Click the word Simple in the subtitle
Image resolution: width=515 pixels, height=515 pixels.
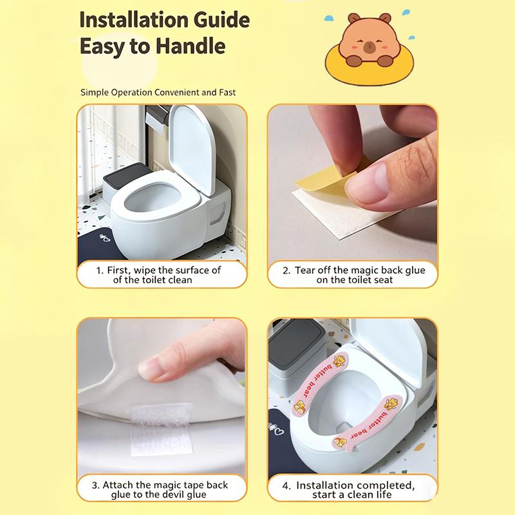95,93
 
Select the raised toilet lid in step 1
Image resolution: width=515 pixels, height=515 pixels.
192,149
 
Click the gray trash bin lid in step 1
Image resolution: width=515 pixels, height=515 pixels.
126,173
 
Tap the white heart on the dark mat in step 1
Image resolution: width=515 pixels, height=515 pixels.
107,239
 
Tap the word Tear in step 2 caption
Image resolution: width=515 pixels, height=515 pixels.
305,270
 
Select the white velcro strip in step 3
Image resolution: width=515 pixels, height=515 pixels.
162,429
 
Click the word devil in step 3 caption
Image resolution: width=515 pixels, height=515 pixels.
173,495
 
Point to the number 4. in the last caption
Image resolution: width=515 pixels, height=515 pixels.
286,486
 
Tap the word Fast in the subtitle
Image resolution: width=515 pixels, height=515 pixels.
227,93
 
